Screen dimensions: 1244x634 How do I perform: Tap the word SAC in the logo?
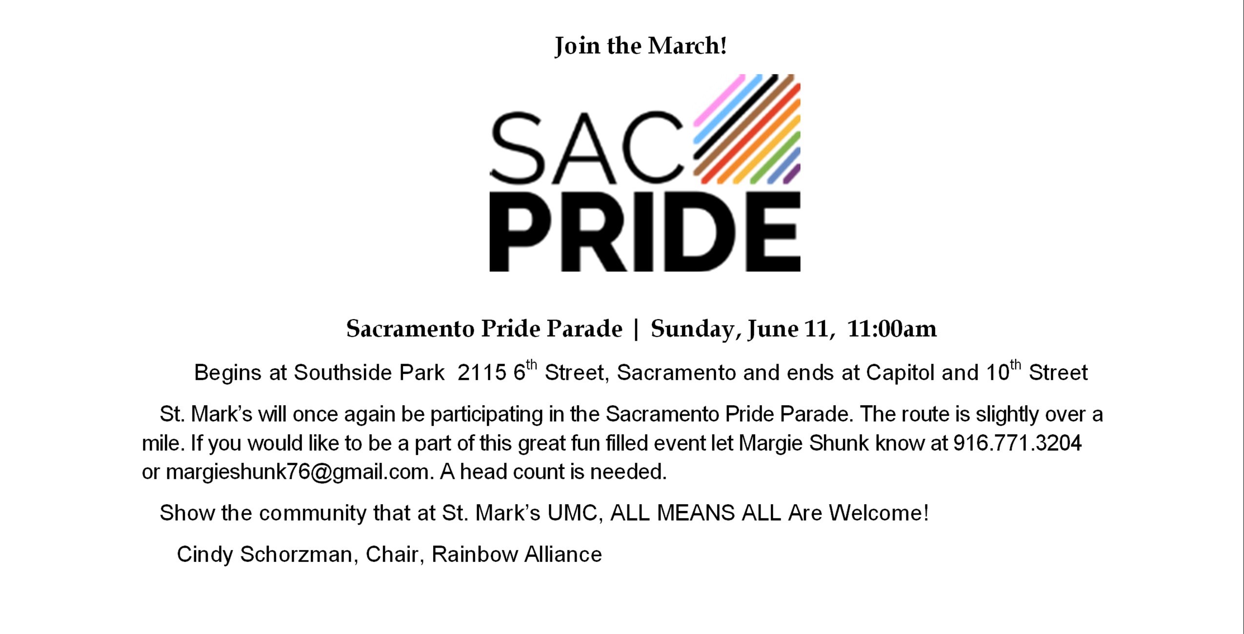pos(587,148)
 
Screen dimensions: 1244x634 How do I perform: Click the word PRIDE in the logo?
pos(645,231)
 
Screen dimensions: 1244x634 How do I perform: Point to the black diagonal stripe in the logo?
pos(736,117)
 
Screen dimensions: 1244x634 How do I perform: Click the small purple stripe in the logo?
pos(792,174)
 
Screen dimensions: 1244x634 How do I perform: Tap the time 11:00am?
pos(892,328)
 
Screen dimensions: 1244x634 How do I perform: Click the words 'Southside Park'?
pos(369,373)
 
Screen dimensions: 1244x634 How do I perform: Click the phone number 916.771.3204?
pos(1018,443)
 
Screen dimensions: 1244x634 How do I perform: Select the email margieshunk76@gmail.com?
pos(299,472)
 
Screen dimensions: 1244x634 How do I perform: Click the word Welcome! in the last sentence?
pos(879,513)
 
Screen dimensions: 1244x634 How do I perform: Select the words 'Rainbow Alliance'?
pos(517,554)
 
